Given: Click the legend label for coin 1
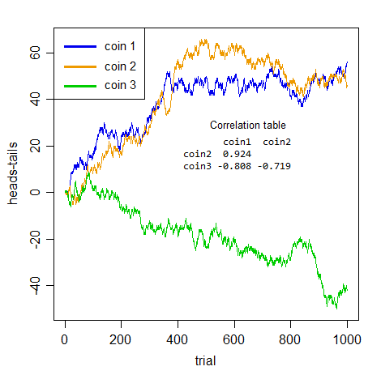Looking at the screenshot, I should tap(120, 46).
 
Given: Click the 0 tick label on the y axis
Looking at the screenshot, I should tap(36, 193).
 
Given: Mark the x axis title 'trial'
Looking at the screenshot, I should tap(206, 360).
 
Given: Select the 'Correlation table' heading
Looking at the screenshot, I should tap(247, 126).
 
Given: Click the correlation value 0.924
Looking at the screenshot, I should tap(237, 154).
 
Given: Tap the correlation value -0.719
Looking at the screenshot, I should tap(273, 166).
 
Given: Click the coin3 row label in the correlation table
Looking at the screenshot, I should tap(197, 166).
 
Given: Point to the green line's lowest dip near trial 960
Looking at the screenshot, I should tap(335, 308).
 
